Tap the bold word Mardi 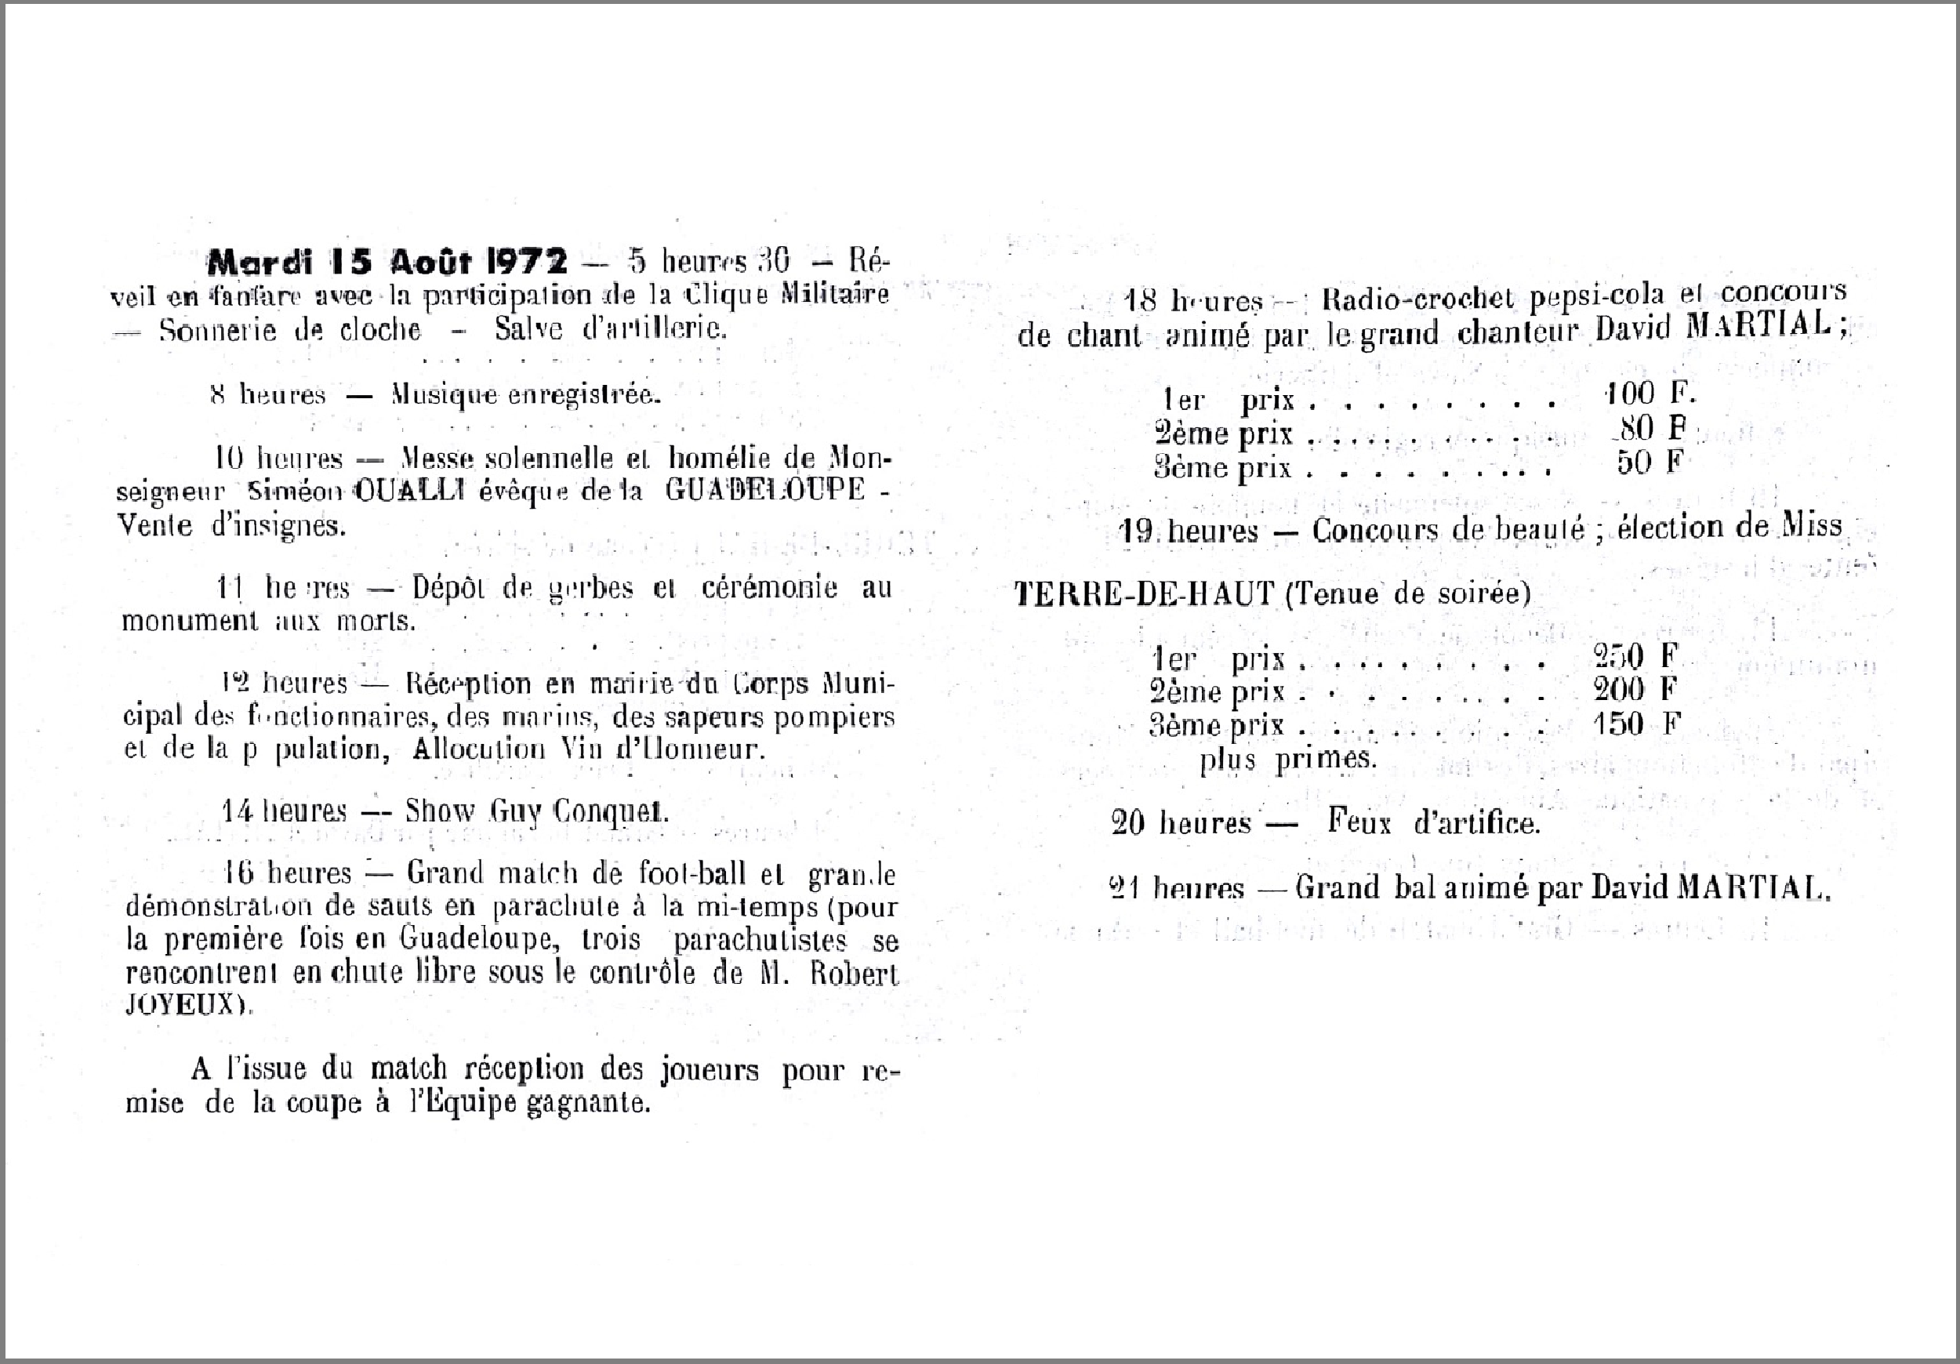coord(260,261)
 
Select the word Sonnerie coord(218,330)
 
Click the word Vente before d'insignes coord(154,525)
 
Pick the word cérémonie coord(769,588)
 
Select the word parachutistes coord(760,940)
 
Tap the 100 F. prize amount coord(1650,394)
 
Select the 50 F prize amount coord(1650,462)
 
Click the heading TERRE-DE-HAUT coord(1145,593)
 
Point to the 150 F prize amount coord(1636,724)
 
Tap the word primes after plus coord(1326,759)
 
